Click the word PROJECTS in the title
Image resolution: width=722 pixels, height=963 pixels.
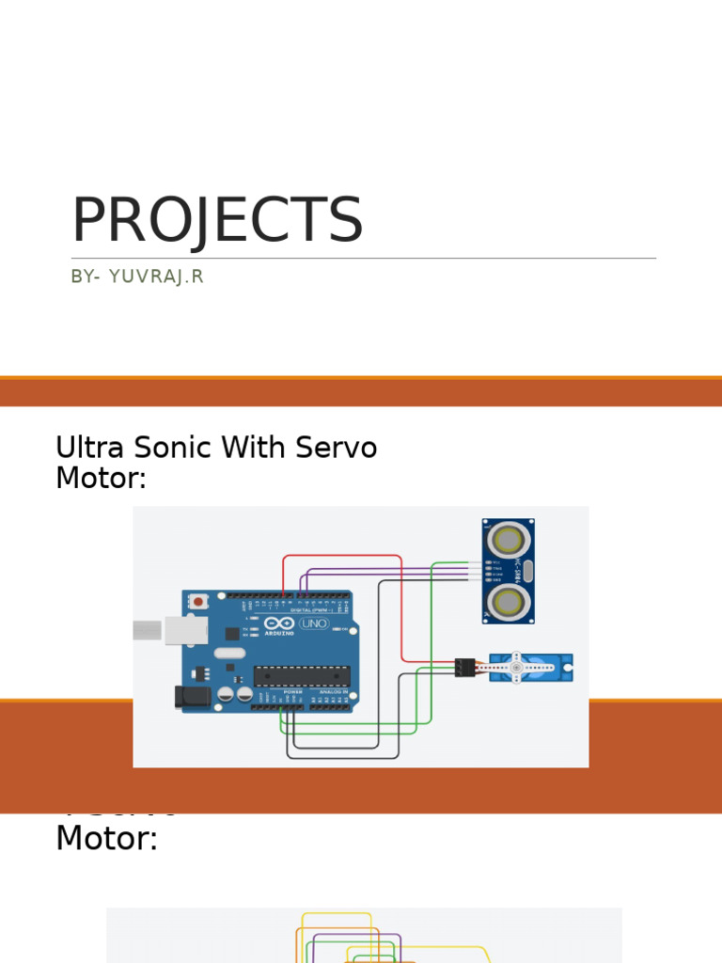point(217,221)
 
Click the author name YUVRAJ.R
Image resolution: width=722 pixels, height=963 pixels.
point(156,276)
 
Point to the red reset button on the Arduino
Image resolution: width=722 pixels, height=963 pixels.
point(197,600)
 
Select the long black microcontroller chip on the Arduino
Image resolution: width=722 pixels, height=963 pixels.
point(302,674)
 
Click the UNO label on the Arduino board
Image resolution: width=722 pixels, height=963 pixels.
point(314,623)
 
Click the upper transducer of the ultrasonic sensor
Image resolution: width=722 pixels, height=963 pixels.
point(509,540)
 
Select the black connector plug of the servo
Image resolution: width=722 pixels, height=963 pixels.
point(464,668)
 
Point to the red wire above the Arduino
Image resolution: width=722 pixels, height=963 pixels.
point(342,556)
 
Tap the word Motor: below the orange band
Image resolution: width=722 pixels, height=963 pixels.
point(106,838)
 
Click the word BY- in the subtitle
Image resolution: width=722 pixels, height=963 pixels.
point(85,276)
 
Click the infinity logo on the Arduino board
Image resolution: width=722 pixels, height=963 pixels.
point(279,623)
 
